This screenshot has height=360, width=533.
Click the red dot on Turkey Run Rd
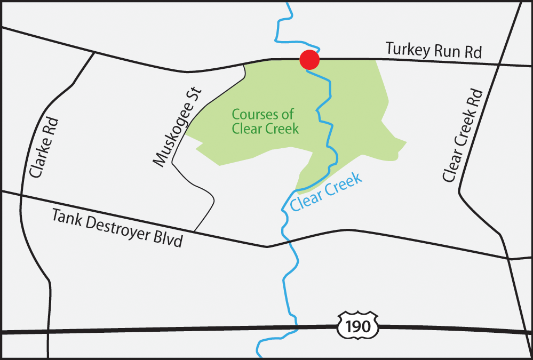309,60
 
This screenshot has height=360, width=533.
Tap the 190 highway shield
357,326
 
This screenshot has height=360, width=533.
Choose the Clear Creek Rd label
463,135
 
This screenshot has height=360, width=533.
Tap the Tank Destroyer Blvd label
117,228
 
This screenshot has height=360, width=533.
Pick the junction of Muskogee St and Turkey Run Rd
244,64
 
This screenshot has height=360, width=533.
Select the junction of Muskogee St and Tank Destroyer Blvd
194,232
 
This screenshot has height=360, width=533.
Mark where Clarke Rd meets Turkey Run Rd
94,52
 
